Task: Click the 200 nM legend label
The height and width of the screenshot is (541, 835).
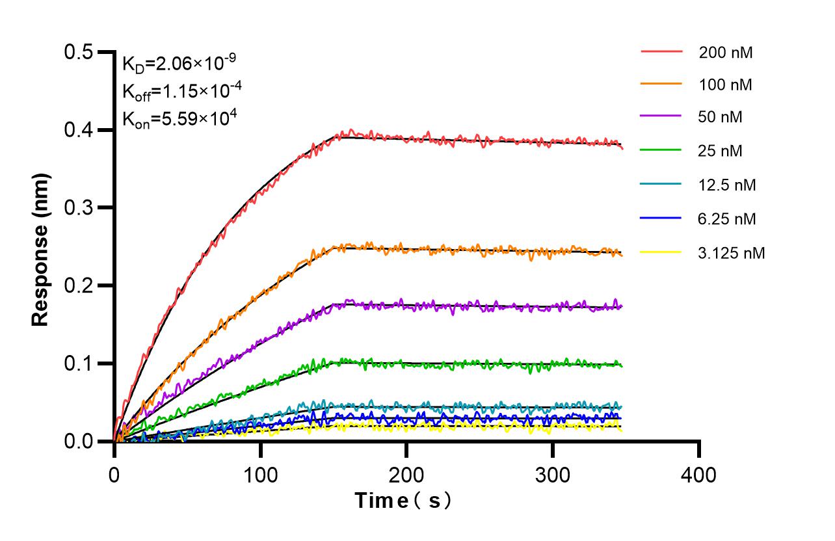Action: pos(726,53)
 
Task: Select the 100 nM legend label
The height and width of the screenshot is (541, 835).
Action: pos(726,85)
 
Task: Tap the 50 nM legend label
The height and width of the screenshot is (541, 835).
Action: pos(721,118)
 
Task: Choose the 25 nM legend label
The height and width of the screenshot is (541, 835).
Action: pos(721,152)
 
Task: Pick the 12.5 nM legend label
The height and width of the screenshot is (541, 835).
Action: pos(727,185)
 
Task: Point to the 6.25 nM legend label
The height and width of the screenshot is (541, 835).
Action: pos(727,219)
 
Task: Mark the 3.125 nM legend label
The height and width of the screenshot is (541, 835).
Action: pos(732,253)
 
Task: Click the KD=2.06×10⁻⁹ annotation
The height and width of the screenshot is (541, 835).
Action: pos(179,63)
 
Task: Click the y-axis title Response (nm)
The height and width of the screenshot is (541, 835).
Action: pos(41,249)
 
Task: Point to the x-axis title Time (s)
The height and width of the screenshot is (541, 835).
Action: pos(403,501)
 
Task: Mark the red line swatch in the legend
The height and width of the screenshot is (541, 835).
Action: pos(661,51)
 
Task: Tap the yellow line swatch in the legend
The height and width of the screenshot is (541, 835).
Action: pos(661,252)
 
